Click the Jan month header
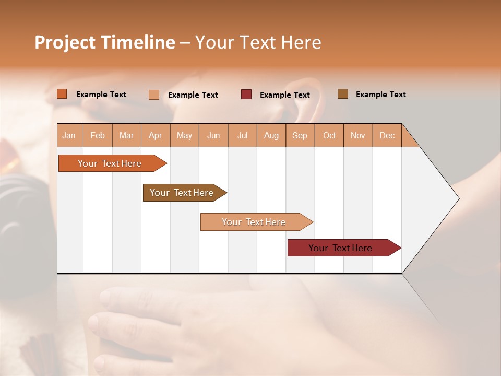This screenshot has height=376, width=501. click(69, 135)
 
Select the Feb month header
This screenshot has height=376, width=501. click(98, 135)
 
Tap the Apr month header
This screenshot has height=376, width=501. click(156, 135)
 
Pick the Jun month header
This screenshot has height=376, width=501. click(213, 135)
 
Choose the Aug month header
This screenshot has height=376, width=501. click(271, 135)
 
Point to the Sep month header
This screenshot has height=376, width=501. click(300, 135)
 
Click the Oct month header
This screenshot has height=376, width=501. click(329, 135)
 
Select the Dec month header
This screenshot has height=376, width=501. click(387, 135)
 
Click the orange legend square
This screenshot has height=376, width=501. click(62, 94)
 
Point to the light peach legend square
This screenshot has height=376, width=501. click(154, 95)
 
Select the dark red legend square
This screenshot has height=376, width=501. click(246, 95)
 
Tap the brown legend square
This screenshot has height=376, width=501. click(343, 94)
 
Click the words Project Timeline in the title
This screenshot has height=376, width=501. click(105, 42)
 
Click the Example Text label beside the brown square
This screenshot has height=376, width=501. click(380, 95)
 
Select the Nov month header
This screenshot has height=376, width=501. click(358, 135)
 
